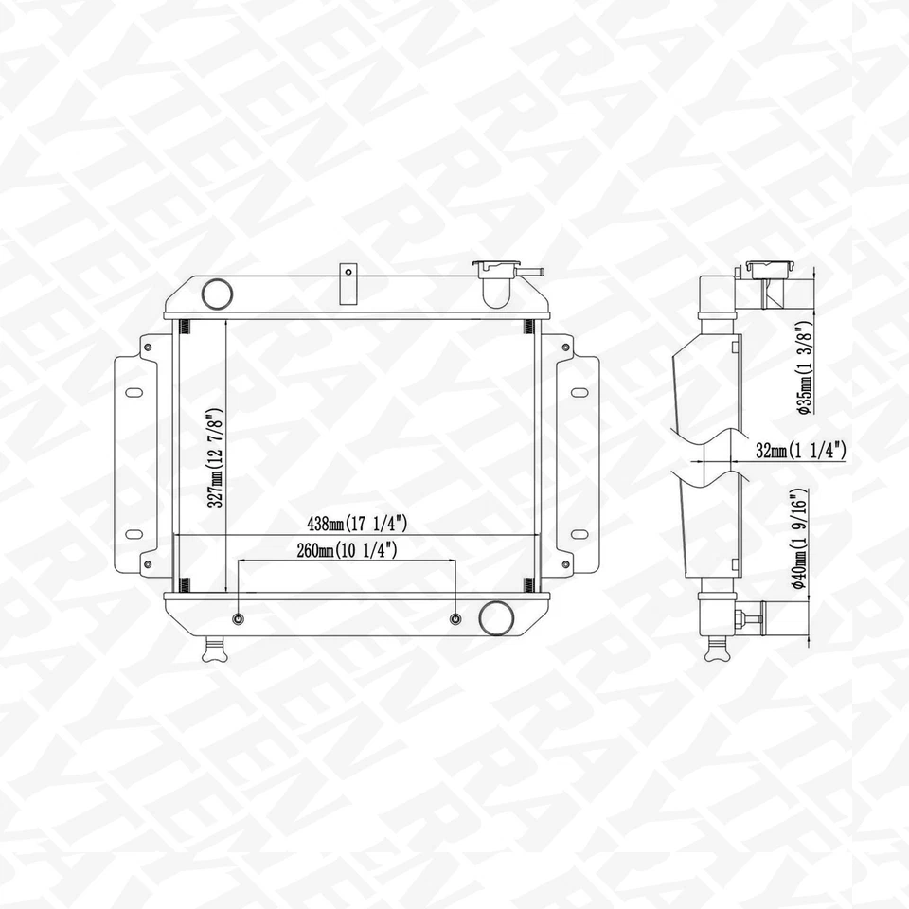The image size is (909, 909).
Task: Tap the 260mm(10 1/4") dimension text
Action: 346,549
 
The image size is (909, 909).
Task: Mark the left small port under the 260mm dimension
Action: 238,619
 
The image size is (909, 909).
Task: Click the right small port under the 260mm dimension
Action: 456,619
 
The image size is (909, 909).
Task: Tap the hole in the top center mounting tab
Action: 348,273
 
